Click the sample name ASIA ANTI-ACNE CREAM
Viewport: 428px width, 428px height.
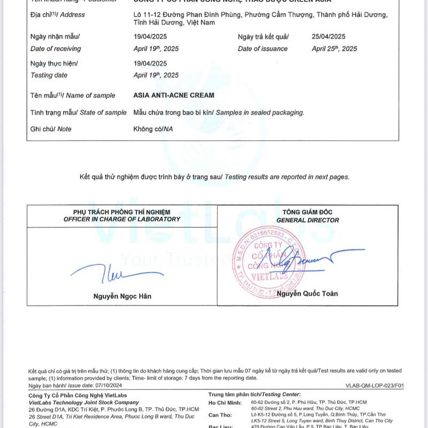174,95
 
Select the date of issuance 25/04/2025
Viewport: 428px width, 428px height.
328,36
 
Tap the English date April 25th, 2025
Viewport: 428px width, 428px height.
334,49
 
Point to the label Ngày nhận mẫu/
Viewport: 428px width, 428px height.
55,36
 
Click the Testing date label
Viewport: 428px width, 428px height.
49,75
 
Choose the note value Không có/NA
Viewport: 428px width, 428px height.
153,129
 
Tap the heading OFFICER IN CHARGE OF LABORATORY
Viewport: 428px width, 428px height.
122,219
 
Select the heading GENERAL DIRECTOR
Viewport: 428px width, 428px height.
308,220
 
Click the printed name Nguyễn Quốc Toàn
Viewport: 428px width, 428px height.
307,293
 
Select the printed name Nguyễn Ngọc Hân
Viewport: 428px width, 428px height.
122,296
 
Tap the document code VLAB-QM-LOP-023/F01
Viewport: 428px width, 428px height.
375,386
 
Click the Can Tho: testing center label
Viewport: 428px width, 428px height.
220,415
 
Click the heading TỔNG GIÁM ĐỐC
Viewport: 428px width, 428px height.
308,212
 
